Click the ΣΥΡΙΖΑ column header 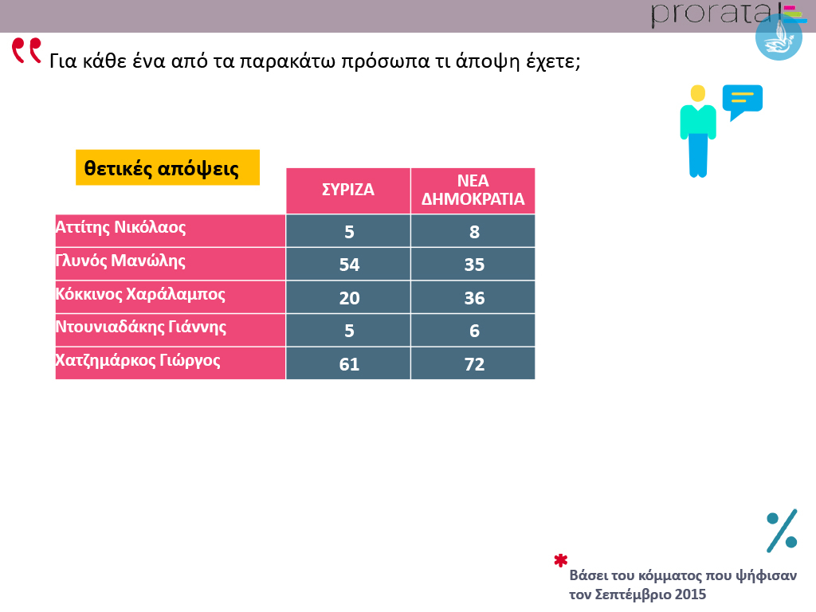coord(348,190)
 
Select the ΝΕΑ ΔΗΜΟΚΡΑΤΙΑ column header coord(473,190)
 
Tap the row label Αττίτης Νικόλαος coord(120,227)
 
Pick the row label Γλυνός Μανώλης coord(120,261)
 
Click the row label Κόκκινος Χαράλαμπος coord(140,294)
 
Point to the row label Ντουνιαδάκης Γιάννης coord(141,327)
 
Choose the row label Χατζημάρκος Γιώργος coord(138,360)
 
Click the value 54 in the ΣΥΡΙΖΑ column coord(349,265)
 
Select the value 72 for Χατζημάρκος coord(474,364)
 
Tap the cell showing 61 coord(349,364)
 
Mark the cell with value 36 coord(474,298)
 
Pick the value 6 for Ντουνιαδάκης coord(474,331)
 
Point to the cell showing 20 coord(349,298)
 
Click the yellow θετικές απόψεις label coord(167,167)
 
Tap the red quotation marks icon coord(26,50)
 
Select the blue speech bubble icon coord(742,101)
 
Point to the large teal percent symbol coord(782,531)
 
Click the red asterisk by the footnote coord(560,560)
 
